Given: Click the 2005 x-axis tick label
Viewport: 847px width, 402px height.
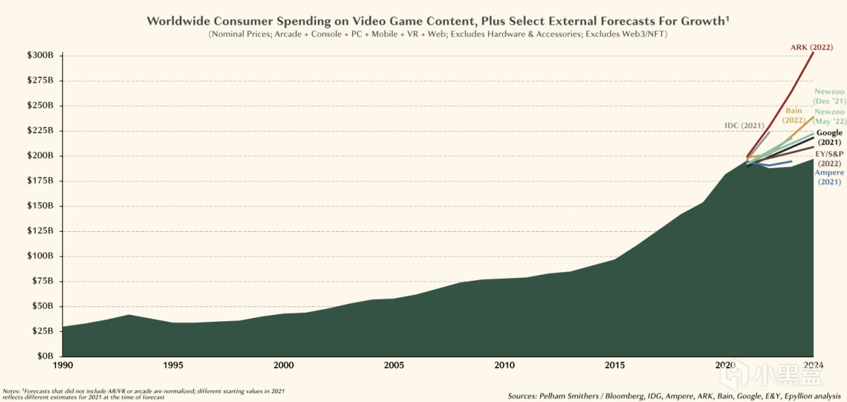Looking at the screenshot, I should [x=394, y=365].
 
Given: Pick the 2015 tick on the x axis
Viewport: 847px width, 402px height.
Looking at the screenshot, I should [x=615, y=365].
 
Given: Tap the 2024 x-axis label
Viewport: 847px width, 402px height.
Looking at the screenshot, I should [x=813, y=365].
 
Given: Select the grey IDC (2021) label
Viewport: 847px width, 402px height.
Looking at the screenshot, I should [x=744, y=126].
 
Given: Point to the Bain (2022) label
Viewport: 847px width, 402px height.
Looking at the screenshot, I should [x=794, y=115].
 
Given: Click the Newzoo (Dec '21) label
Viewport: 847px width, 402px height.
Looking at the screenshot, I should [x=828, y=97].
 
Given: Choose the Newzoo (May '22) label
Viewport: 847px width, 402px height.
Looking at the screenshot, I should [x=828, y=117].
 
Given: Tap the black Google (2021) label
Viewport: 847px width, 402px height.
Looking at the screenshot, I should [x=829, y=138].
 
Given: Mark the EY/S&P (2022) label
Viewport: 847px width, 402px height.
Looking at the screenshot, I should [x=829, y=158].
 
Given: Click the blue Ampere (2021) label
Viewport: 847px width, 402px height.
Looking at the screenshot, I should [x=828, y=177].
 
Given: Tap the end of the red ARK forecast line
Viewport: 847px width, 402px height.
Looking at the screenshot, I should [x=813, y=52].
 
